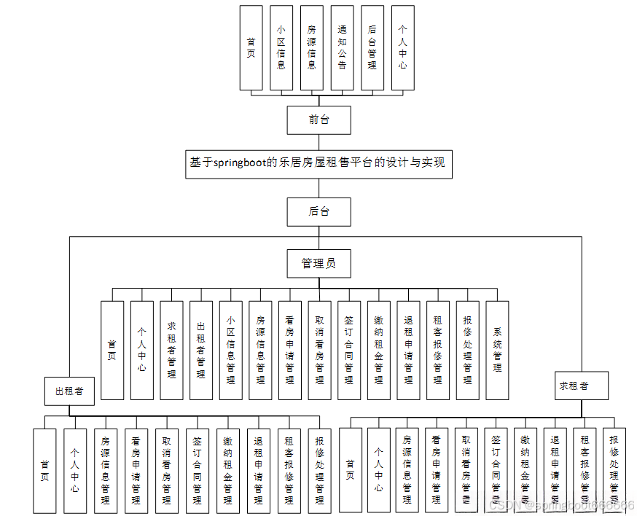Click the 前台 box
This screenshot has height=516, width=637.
pyautogui.click(x=318, y=120)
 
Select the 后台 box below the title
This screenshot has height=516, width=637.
pyautogui.click(x=318, y=211)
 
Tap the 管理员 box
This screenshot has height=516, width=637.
pyautogui.click(x=318, y=263)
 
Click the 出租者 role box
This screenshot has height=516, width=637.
pyautogui.click(x=69, y=391)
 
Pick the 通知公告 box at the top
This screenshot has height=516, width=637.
pyautogui.click(x=342, y=48)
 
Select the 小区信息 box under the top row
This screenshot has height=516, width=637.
pyautogui.click(x=281, y=48)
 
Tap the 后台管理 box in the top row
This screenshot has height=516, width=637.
pyautogui.click(x=372, y=48)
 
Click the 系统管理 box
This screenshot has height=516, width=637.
pyautogui.click(x=497, y=350)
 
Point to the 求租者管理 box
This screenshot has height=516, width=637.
pyautogui.click(x=171, y=350)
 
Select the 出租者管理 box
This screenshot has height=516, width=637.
pyautogui.click(x=201, y=350)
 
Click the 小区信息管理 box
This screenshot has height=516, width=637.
pyautogui.click(x=230, y=350)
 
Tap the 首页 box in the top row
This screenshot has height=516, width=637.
pyautogui.click(x=251, y=48)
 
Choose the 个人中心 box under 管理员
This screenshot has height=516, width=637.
pyautogui.click(x=141, y=350)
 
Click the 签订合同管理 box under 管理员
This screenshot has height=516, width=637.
pyautogui.click(x=349, y=350)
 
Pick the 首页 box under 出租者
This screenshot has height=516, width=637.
pyautogui.click(x=44, y=469)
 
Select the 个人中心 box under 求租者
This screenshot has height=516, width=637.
pyautogui.click(x=378, y=469)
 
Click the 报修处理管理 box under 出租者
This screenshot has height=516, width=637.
pyautogui.click(x=319, y=469)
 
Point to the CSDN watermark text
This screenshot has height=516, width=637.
pyautogui.click(x=561, y=504)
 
